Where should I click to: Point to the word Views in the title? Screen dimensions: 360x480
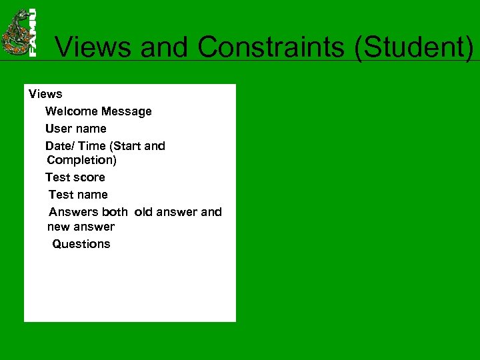[94, 47]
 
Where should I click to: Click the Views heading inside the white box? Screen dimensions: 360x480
[45, 94]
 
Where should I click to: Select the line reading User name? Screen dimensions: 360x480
[75, 129]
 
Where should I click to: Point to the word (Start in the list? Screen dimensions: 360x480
[123, 146]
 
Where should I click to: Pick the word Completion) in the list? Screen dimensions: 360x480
[82, 160]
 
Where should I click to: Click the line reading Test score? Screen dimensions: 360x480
[75, 177]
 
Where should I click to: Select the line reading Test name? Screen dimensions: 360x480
[78, 195]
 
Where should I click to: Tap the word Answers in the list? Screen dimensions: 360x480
[73, 212]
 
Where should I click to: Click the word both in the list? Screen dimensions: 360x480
[115, 212]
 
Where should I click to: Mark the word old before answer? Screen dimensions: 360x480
[143, 212]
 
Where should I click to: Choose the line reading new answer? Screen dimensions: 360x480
[81, 227]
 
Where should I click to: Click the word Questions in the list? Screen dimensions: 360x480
[81, 244]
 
